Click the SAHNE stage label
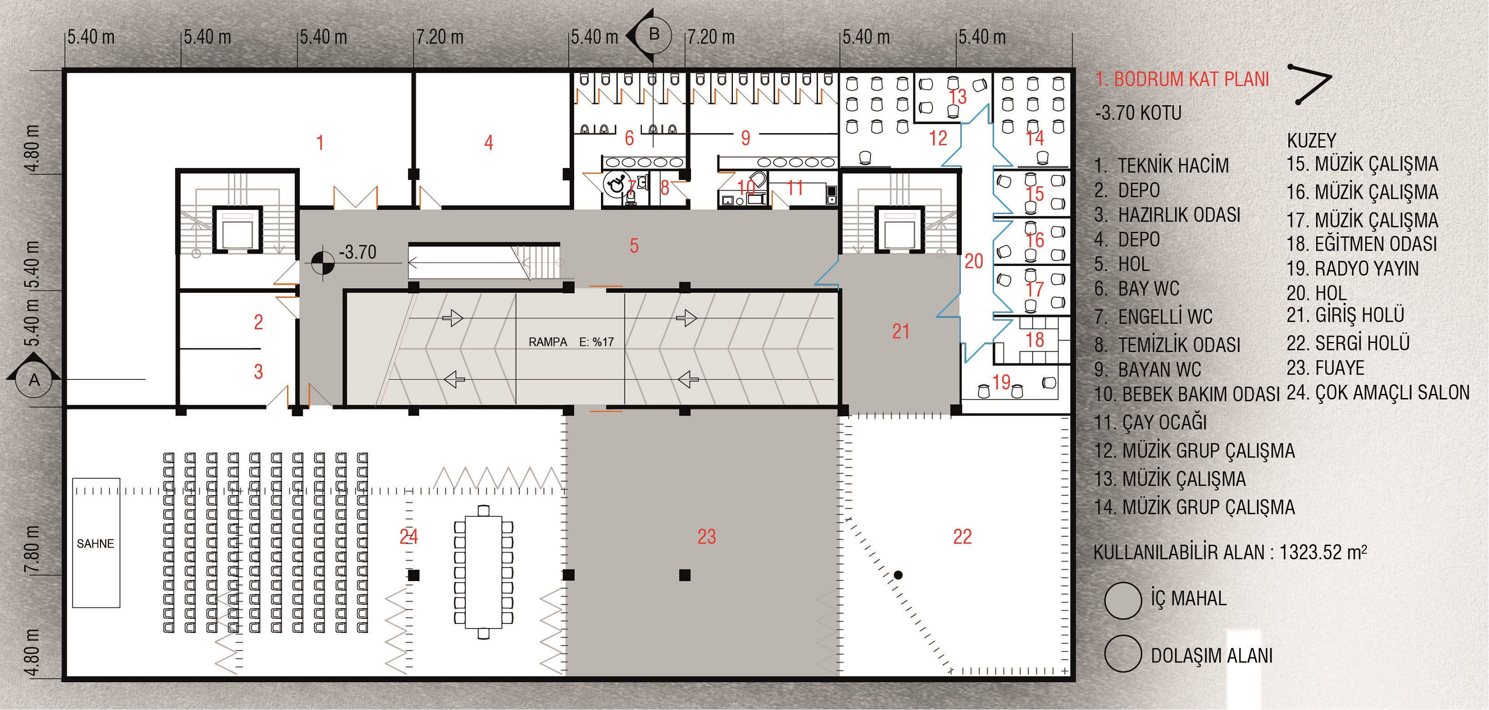[x=96, y=544]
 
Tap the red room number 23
[x=707, y=537]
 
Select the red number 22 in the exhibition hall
[x=962, y=537]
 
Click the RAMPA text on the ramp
[x=547, y=342]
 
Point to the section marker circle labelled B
[x=654, y=35]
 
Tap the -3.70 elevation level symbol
[x=322, y=263]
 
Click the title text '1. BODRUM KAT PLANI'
[x=1182, y=80]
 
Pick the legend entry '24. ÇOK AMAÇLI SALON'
[x=1378, y=393]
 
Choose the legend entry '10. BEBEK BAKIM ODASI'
[x=1187, y=394]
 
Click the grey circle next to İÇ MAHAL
[x=1123, y=601]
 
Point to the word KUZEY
[x=1312, y=141]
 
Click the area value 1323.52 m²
[x=1323, y=552]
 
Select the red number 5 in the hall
[x=634, y=246]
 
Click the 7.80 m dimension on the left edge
[x=32, y=549]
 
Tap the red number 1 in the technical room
[x=320, y=143]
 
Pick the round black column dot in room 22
[x=898, y=574]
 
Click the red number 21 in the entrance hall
[x=901, y=331]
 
